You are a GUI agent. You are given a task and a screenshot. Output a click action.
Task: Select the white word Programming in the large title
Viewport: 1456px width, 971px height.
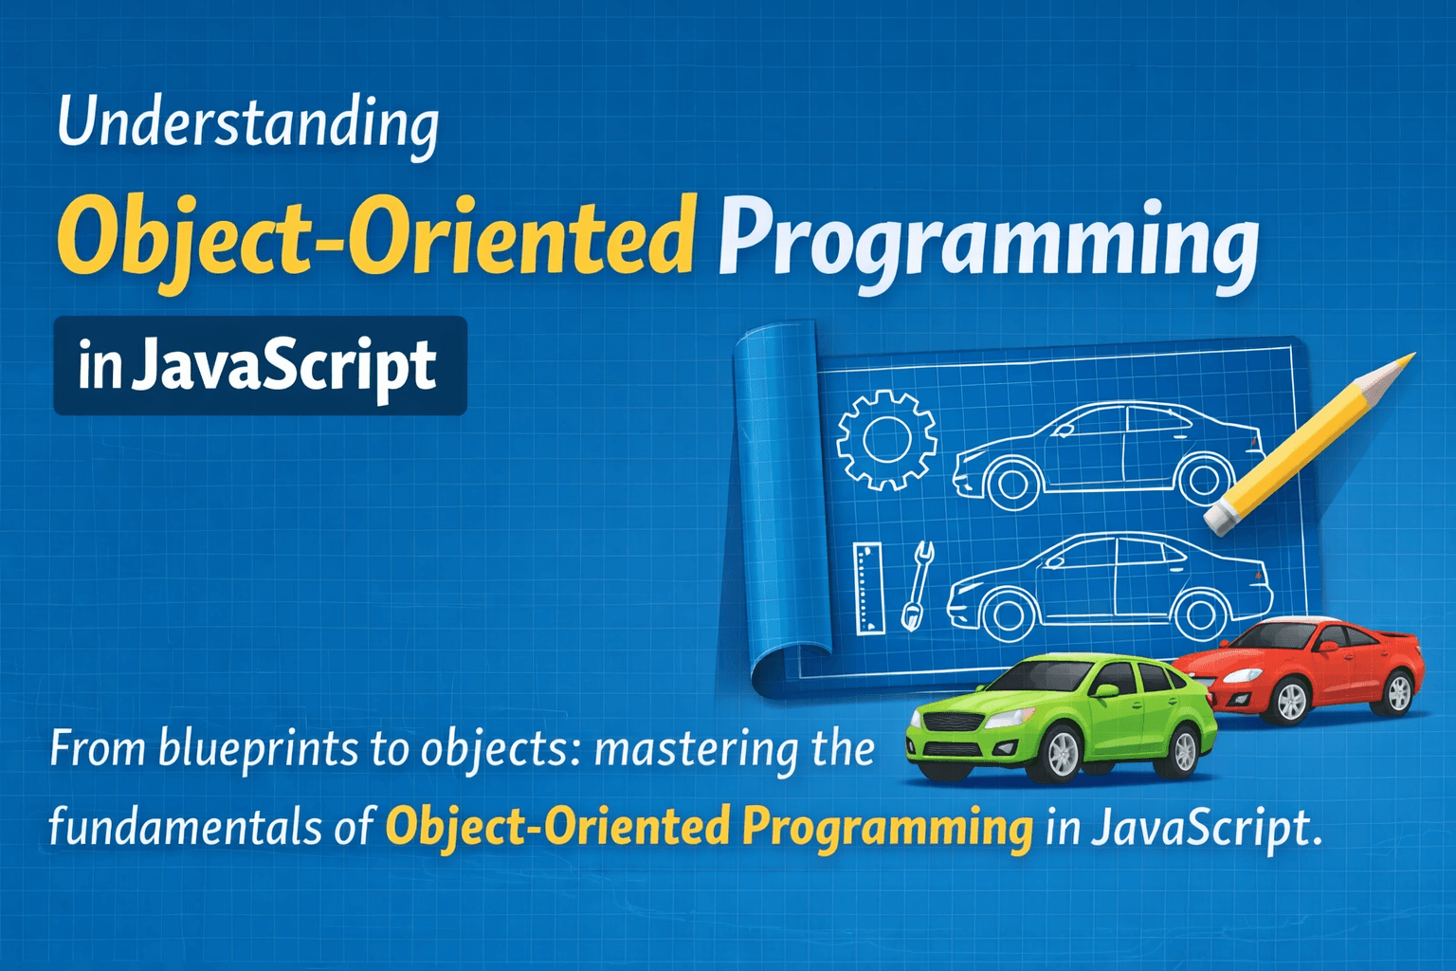(x=988, y=245)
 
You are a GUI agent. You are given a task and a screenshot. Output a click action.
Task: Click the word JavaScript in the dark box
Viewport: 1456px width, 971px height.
(x=284, y=365)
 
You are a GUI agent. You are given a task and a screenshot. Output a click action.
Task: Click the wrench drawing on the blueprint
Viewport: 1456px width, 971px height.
(x=918, y=586)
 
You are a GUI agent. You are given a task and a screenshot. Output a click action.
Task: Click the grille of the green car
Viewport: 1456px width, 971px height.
(x=951, y=723)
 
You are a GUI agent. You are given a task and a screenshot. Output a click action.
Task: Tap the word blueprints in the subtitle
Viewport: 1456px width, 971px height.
(x=258, y=749)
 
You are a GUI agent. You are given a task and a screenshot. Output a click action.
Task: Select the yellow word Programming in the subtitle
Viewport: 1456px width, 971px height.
(x=888, y=828)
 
